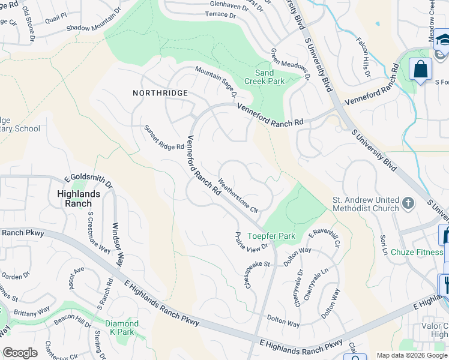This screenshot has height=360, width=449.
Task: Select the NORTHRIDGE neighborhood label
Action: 161,93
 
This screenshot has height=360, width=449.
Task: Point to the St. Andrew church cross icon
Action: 408,203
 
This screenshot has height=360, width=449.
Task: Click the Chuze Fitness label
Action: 416,253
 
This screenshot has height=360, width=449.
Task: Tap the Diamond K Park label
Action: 122,328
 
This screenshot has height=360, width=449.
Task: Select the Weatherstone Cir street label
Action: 238,196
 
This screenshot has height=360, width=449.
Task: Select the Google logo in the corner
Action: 20,353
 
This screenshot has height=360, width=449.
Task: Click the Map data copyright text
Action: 412,355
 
